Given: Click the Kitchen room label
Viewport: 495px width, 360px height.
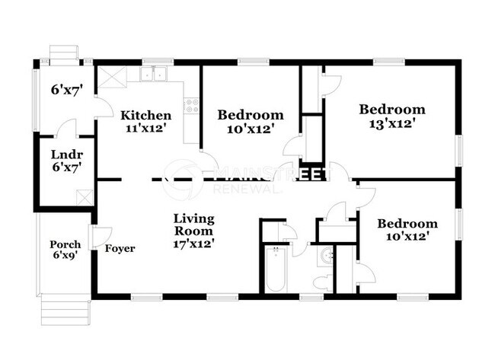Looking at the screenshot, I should (145, 115).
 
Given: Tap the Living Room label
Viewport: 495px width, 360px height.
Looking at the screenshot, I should (193, 224).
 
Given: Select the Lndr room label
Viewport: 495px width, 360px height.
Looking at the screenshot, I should (65, 153).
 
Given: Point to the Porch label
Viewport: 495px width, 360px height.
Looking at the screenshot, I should (65, 244).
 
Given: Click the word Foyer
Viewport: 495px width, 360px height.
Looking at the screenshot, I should (120, 248).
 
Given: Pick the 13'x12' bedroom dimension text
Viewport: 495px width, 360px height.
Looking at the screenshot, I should (391, 122).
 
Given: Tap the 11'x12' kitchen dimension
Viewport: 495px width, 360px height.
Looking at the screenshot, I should (145, 128).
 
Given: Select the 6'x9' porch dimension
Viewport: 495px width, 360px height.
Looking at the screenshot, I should (65, 256).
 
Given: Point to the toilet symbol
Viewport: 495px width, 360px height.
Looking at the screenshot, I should (322, 283).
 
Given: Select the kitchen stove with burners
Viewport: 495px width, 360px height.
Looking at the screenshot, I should (191, 106).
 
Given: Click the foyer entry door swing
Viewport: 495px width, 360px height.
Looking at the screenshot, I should (101, 237).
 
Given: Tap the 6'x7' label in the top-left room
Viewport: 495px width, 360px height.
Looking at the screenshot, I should (66, 89).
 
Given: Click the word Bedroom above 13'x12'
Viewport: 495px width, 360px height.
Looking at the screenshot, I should (391, 109).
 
